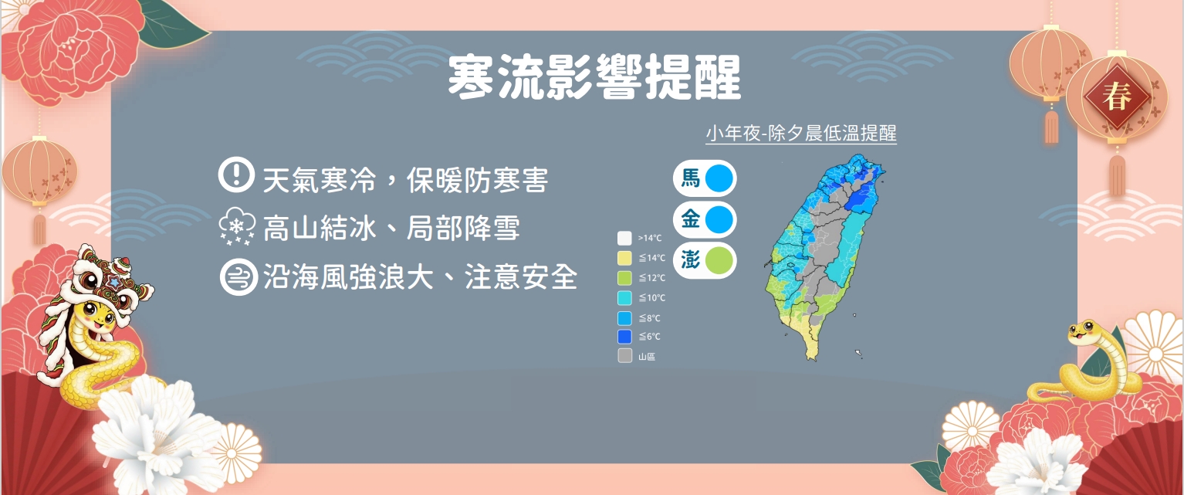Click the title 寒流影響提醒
coord(594,77)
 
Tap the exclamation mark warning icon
coord(236,174)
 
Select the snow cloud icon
coord(237,227)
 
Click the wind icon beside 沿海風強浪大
coord(239,276)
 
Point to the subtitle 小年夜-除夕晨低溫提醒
coord(801,134)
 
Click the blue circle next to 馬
coord(719,178)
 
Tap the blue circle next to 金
coord(719,219)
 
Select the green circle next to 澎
coord(719,261)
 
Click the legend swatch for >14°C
coord(624,238)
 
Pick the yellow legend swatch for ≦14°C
coord(624,258)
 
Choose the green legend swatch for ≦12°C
coord(624,278)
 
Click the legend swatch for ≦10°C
coord(624,298)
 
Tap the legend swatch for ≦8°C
coord(624,318)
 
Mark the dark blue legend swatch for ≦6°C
coord(624,337)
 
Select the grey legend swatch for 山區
coord(624,356)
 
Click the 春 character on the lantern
coord(1116,97)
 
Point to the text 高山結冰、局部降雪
coord(391,229)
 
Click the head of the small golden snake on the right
coord(1083,332)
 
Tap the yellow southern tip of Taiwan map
coord(812,355)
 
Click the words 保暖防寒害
coord(477,181)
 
